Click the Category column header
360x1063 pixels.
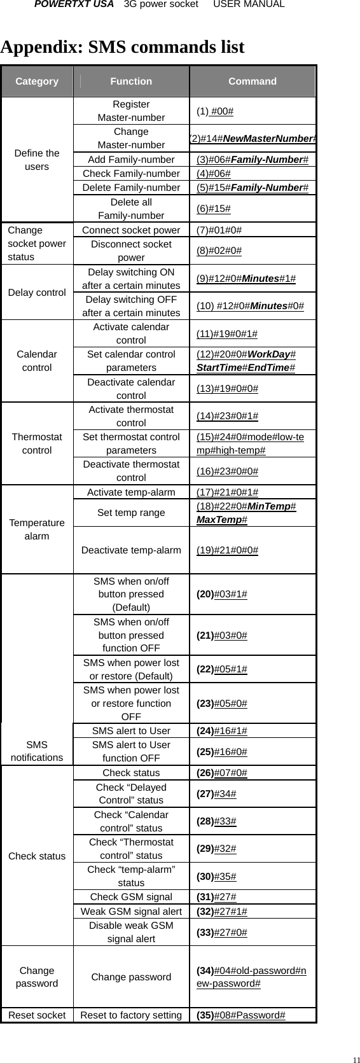(37, 81)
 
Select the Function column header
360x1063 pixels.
(131, 81)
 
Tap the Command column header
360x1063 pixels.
(253, 81)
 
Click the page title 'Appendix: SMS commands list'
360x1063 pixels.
(123, 48)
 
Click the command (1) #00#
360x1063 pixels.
(215, 111)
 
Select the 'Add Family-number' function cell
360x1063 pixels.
(131, 160)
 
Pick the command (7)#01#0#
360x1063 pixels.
(219, 230)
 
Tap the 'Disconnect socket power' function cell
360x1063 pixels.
(131, 251)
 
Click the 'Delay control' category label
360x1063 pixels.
(37, 293)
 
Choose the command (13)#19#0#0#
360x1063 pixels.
(227, 389)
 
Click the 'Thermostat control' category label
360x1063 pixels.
(37, 443)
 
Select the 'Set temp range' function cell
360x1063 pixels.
(131, 513)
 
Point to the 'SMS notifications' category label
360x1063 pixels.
(37, 751)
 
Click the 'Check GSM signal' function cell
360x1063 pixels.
(131, 897)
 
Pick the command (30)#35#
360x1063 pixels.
(217, 877)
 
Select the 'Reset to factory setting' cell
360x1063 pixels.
(131, 1015)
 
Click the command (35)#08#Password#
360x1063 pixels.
(241, 1015)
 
